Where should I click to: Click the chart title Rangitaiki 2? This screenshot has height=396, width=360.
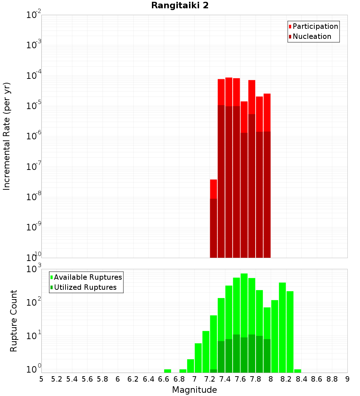click(180, 6)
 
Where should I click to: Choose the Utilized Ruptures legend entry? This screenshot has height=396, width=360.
click(85, 288)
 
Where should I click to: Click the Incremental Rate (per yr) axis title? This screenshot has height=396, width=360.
click(7, 136)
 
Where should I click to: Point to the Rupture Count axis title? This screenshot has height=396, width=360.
click(14, 321)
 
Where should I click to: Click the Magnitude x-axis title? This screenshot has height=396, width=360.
click(194, 390)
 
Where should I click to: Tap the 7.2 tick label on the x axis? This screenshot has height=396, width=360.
click(210, 379)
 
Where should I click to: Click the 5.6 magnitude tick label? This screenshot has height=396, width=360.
click(87, 379)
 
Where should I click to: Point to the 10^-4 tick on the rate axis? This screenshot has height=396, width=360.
click(34, 76)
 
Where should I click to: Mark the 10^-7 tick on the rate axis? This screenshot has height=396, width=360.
click(34, 167)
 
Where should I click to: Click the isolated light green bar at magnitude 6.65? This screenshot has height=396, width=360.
click(167, 371)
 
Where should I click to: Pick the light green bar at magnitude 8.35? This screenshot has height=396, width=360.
click(297, 371)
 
